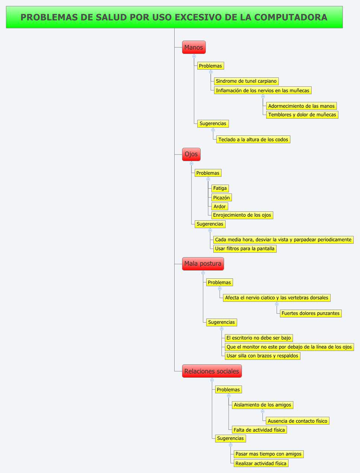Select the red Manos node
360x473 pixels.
coord(194,47)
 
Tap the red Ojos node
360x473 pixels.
coord(191,154)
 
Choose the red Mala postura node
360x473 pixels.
coord(203,263)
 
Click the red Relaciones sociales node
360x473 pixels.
coord(211,371)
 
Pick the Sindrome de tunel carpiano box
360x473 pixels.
coord(246,81)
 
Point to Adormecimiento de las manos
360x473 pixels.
coord(301,106)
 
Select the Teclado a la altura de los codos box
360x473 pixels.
coord(253,140)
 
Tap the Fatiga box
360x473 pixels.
coord(220,188)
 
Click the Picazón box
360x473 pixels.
coord(222,198)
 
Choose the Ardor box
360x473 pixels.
coord(219,207)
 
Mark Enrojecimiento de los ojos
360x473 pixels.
coord(242,215)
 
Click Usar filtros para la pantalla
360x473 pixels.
coord(245,249)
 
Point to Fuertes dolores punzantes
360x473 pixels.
coord(310,313)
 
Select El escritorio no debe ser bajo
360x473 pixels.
coord(259,338)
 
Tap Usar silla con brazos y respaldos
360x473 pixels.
coord(262,356)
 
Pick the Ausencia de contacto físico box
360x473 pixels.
coord(297,421)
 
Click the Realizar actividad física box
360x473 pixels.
coord(261,463)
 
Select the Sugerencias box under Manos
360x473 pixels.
coord(213,124)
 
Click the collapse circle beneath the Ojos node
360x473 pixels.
coord(191,163)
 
